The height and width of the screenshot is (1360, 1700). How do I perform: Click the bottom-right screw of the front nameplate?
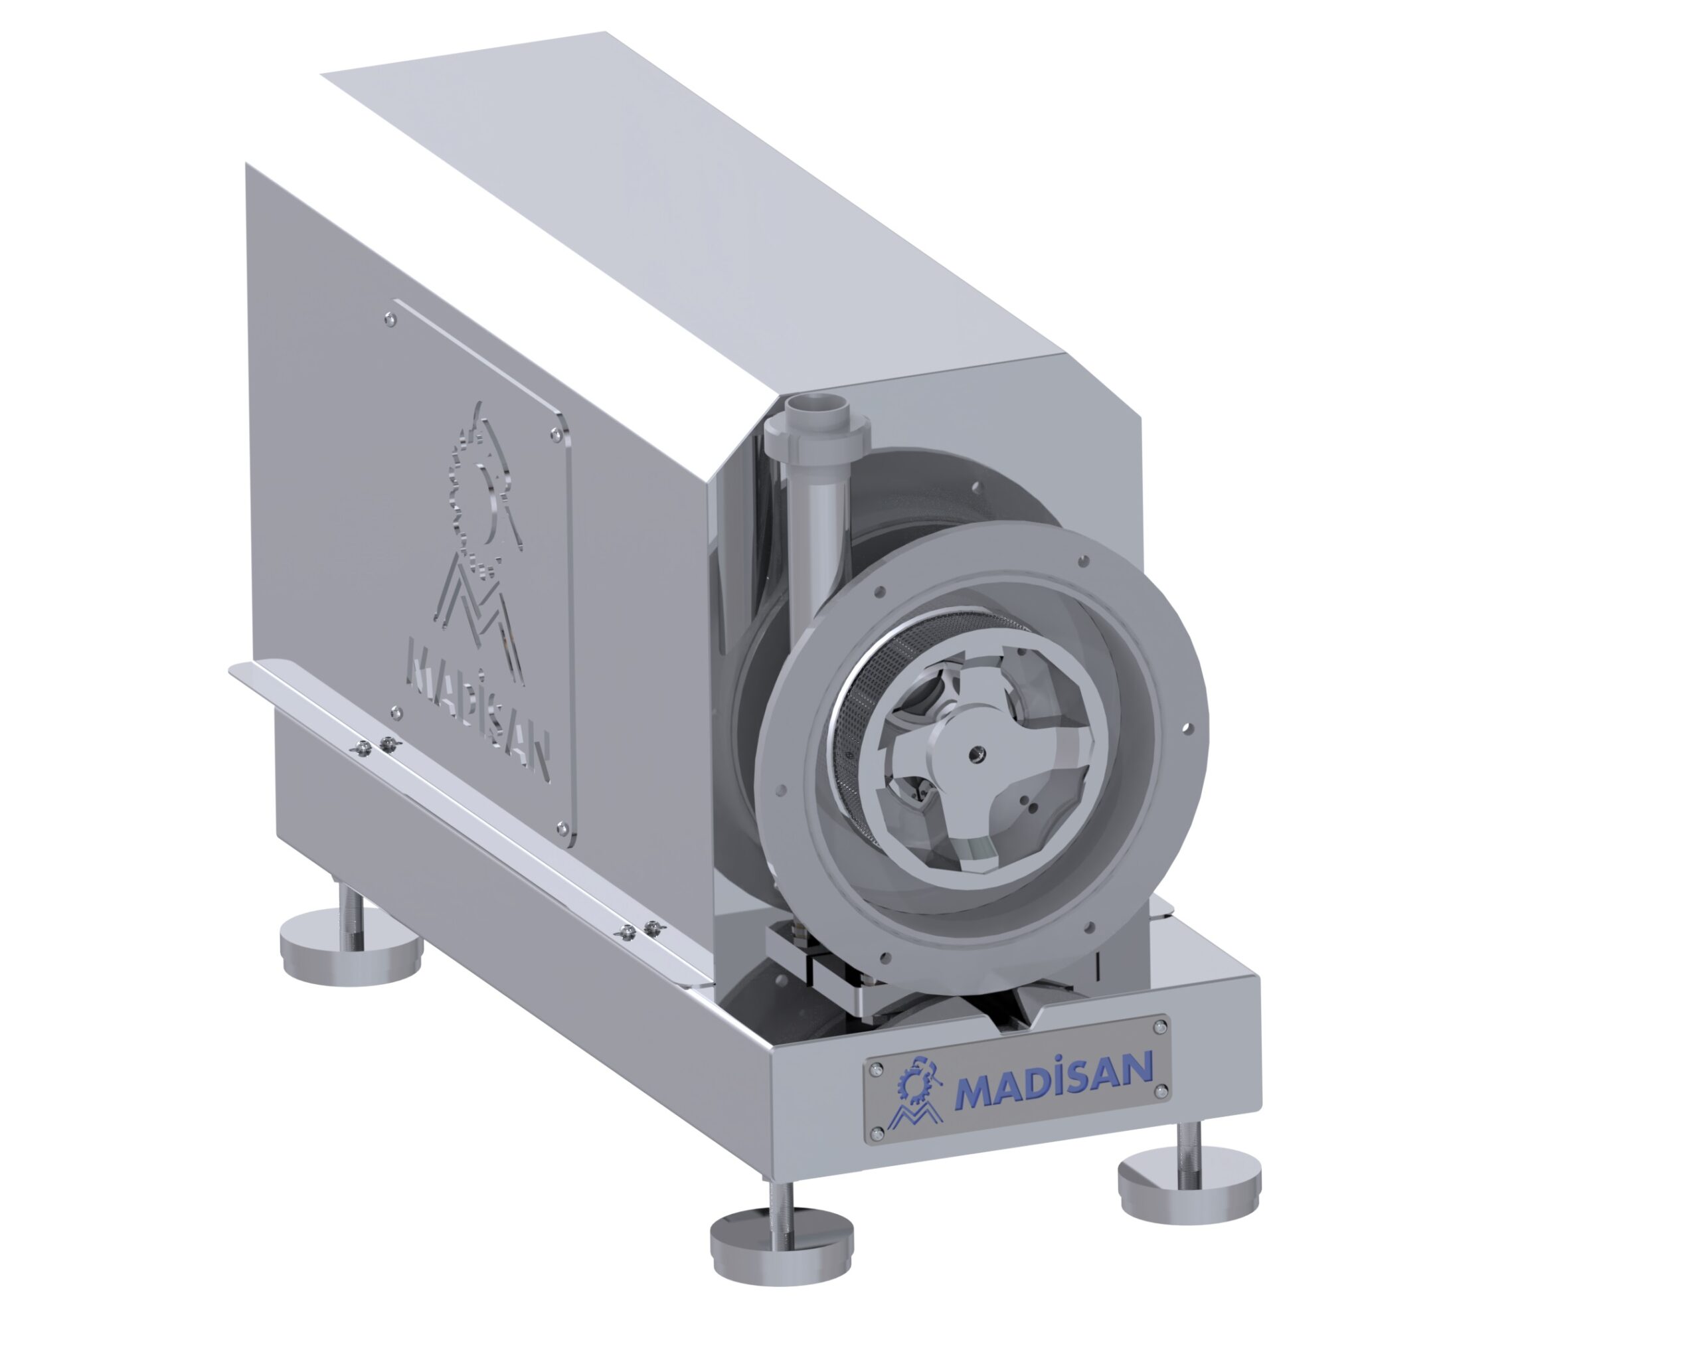click(1161, 1090)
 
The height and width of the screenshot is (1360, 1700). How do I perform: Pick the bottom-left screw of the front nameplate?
click(875, 1134)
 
